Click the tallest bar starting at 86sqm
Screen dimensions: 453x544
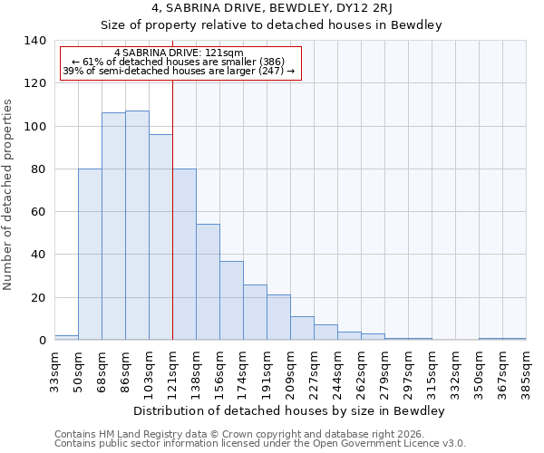tap(137, 226)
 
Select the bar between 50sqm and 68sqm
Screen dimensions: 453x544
tap(90, 255)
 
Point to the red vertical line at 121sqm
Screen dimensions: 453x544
tap(172, 208)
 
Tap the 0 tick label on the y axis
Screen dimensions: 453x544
tap(42, 341)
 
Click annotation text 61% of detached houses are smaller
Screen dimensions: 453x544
tap(180, 62)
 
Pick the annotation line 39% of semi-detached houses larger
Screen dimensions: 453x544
tap(180, 71)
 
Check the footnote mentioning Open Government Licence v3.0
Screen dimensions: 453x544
tap(260, 444)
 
